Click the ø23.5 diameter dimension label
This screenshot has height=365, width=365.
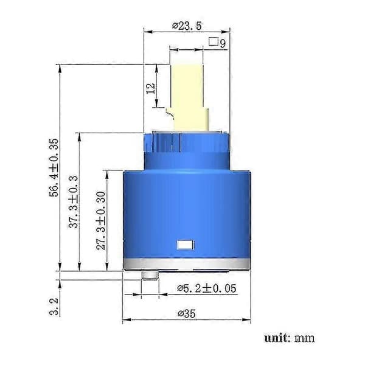click(x=187, y=26)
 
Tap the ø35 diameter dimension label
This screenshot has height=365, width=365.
click(x=187, y=313)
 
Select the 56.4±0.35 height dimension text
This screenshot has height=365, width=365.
click(x=54, y=168)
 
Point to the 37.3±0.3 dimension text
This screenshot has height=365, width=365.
click(x=74, y=202)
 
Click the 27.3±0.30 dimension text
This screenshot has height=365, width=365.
click(x=101, y=220)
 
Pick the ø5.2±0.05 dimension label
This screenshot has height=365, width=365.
click(x=207, y=288)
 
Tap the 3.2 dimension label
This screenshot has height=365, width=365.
click(x=54, y=307)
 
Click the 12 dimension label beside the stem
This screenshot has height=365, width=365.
click(x=150, y=88)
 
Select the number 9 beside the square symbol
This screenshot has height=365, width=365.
click(x=223, y=44)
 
